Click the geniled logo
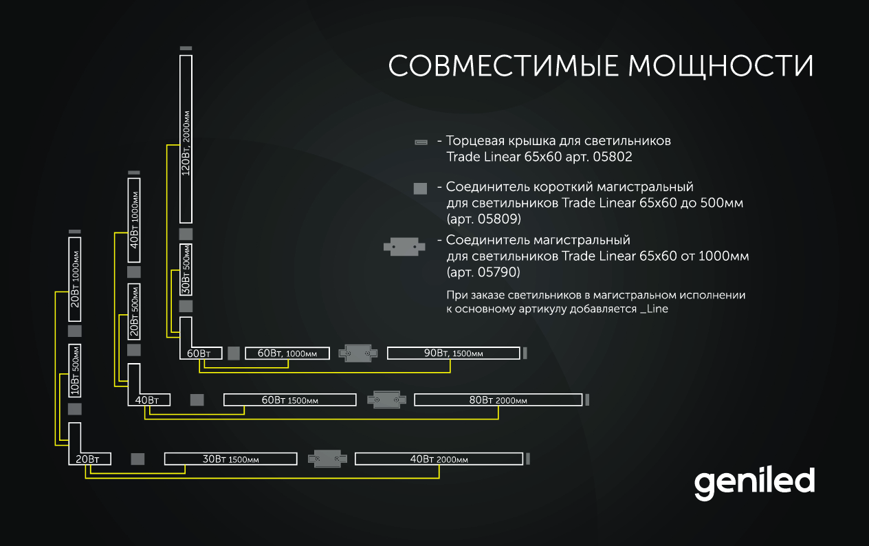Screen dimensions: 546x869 (754, 483)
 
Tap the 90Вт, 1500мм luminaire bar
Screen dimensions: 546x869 (453, 353)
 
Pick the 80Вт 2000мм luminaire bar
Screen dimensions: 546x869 (498, 400)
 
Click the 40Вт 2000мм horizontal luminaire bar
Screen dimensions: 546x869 (439, 459)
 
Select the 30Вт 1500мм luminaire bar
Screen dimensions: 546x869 (230, 459)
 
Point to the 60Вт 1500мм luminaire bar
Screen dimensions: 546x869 (289, 400)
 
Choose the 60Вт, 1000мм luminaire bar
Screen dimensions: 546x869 (287, 353)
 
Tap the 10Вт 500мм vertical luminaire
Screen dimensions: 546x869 (76, 371)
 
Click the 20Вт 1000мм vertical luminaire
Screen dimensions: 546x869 (76, 279)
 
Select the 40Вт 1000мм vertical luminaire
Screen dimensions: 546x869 (134, 219)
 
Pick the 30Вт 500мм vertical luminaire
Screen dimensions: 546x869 (186, 269)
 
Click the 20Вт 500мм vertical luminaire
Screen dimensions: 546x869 (134, 311)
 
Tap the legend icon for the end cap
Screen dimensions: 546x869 (421, 142)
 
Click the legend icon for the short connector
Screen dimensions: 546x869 (420, 188)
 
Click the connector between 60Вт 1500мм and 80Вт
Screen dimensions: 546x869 (385, 400)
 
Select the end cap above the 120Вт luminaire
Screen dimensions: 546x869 (186, 48)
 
